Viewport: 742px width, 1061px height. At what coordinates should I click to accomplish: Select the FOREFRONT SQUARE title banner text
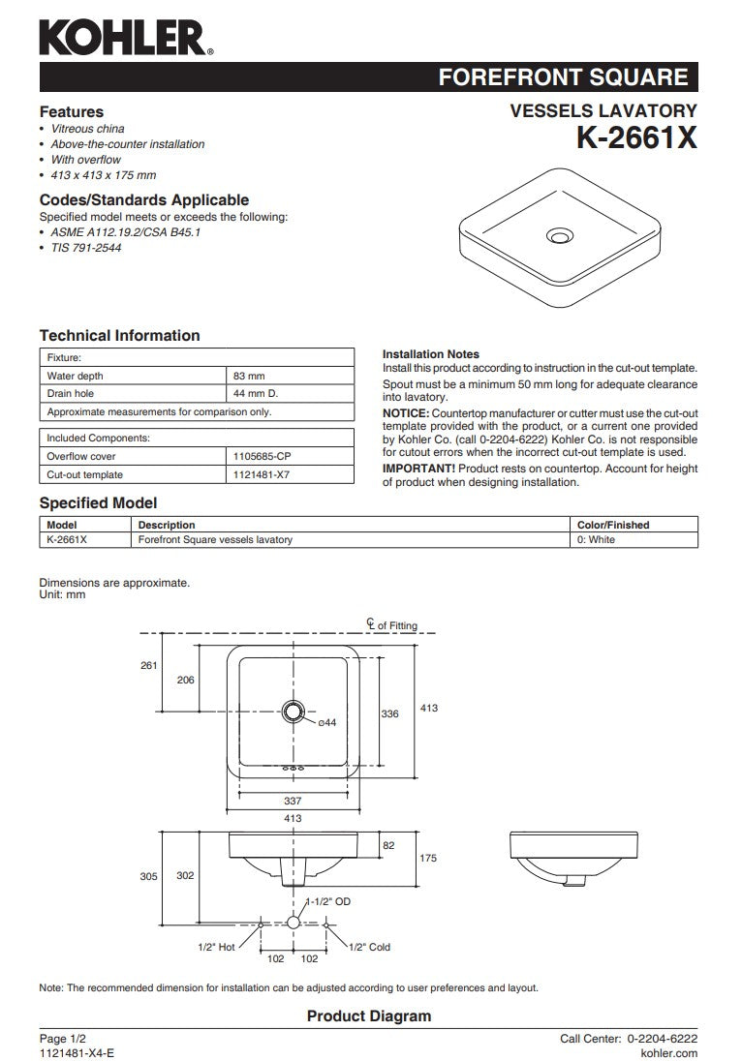pos(563,78)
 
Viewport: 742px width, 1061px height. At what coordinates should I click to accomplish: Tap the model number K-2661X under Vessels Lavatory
pos(636,138)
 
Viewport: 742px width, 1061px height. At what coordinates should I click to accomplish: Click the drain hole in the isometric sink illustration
pos(559,234)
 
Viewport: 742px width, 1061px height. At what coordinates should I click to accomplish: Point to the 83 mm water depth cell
pos(249,376)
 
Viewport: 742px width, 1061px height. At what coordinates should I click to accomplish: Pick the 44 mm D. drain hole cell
pos(256,394)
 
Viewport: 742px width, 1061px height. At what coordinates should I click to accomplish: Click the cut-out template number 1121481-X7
pos(261,474)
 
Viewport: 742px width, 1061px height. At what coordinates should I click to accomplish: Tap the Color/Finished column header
pos(613,525)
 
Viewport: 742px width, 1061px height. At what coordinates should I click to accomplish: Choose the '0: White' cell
pos(596,539)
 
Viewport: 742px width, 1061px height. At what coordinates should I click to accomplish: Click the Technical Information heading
pos(119,336)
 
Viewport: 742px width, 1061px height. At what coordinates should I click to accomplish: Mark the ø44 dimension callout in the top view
pos(326,723)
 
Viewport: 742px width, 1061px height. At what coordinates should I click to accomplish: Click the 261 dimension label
pos(148,665)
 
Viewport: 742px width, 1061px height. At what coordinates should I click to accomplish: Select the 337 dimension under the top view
pos(293,801)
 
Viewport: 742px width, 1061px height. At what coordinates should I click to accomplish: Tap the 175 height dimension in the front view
pos(429,858)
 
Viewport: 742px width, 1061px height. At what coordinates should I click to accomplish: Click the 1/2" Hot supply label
pos(216,947)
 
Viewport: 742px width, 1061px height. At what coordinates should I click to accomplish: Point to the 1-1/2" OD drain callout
pos(328,901)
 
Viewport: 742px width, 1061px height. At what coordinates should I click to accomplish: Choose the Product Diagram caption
pos(368,1016)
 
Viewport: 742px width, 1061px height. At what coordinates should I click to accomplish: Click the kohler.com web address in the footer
pos(669,1051)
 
